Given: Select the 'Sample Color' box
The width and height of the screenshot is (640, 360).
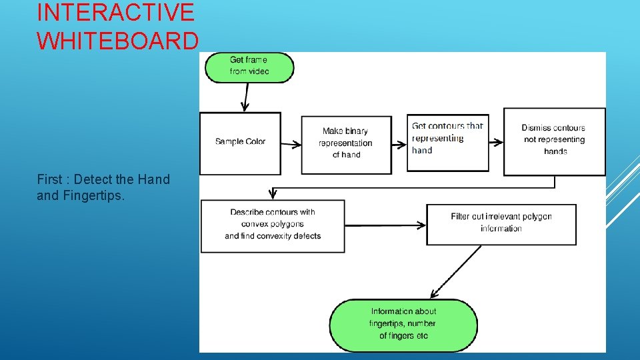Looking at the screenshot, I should tap(240, 142).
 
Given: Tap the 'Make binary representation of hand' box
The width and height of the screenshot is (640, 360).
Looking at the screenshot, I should tap(346, 144).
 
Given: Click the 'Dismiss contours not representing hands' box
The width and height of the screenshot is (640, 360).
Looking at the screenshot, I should tap(554, 141).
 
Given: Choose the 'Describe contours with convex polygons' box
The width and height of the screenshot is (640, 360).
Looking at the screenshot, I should tap(273, 225).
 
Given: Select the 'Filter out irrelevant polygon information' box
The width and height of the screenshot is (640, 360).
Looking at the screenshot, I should tap(501, 224).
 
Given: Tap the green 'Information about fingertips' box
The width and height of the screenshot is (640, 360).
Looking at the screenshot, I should tap(403, 325).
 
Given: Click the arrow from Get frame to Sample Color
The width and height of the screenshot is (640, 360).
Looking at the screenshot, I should tap(246, 97).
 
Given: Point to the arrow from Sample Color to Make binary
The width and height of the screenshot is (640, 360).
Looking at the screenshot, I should tap(291, 143).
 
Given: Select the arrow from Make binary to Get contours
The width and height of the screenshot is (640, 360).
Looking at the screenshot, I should tap(398, 143).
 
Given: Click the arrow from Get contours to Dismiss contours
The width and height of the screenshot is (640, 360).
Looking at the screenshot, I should tap(495, 141).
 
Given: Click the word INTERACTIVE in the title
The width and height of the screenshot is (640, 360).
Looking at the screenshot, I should tap(115, 12).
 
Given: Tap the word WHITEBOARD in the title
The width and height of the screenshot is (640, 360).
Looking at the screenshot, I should tap(117, 41).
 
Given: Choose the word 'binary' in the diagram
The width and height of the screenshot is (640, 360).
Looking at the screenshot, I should tap(356, 131).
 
